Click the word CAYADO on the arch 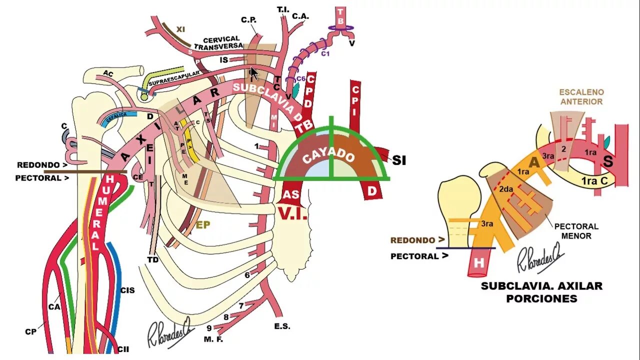[329, 157]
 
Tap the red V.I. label [292, 214]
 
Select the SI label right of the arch [398, 160]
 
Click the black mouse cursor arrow [254, 73]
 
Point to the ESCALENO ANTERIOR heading [581, 97]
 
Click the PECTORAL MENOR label [576, 230]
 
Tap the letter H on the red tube [478, 263]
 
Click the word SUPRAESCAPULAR [174, 74]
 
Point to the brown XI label [180, 29]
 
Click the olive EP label [202, 225]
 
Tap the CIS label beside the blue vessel [127, 290]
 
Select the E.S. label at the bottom [282, 326]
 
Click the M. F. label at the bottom [213, 339]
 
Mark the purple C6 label [301, 79]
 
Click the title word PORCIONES [541, 298]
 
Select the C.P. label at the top [248, 20]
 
